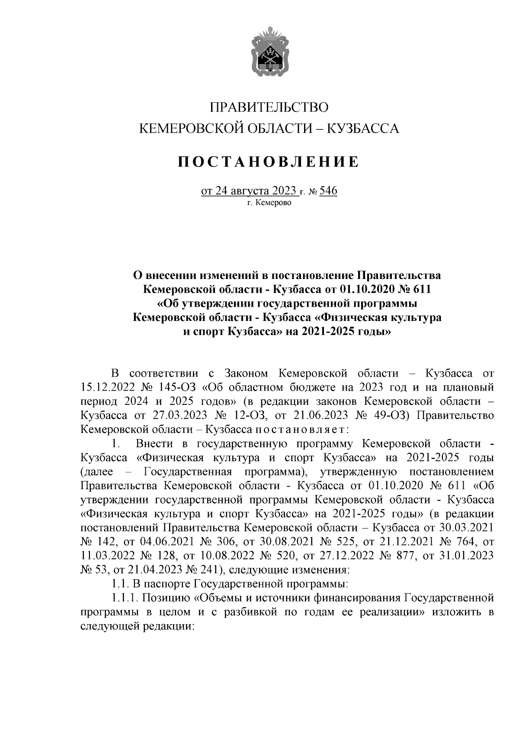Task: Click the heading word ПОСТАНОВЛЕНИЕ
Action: click(x=269, y=162)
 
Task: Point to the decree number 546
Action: click(x=328, y=191)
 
